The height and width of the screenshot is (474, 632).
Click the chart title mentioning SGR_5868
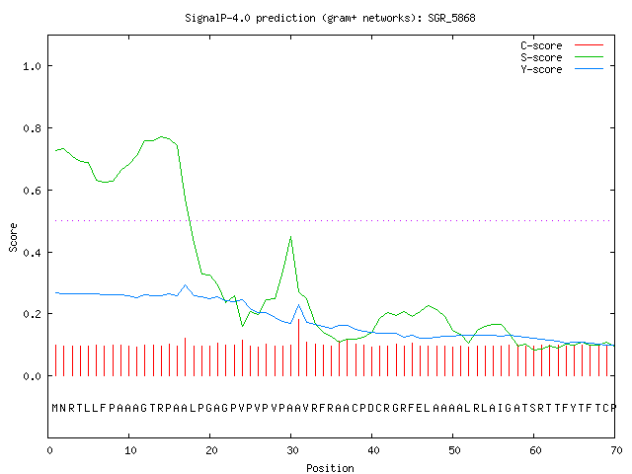pos(330,18)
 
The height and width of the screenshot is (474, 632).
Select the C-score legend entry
pos(562,45)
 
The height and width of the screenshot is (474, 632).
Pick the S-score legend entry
pos(562,57)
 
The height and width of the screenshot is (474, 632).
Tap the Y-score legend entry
pos(562,69)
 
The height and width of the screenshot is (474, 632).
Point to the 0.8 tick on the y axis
pos(32,128)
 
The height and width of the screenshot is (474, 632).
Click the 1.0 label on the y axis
pos(32,66)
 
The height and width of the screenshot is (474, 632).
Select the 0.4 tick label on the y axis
pos(32,253)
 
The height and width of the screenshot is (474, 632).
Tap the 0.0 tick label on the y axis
pos(32,376)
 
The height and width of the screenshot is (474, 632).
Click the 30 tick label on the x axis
pos(292,450)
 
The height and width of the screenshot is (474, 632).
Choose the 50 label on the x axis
pos(454,450)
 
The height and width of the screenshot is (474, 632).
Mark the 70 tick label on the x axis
pos(616,450)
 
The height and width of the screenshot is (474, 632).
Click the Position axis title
pos(330,468)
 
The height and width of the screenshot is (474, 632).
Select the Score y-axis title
pos(13,237)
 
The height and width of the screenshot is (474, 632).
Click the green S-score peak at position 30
pos(290,237)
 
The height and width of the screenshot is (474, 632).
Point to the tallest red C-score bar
pos(298,348)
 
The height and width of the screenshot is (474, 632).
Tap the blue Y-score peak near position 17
pos(186,285)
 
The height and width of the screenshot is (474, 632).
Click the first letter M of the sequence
pos(55,408)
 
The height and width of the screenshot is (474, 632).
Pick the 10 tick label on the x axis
pos(130,450)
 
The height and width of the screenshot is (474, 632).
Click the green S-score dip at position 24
pos(242,326)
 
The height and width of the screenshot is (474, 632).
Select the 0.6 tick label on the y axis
pos(32,191)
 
